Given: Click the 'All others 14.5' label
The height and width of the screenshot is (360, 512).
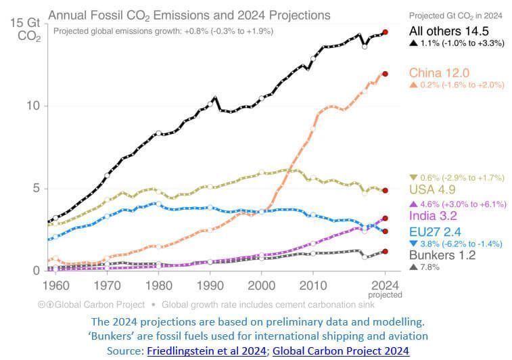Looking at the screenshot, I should coord(448,31).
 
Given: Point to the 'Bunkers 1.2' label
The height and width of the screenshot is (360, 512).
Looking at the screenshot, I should coord(442,255).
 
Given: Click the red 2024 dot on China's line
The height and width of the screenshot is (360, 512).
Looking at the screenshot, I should coord(385,74).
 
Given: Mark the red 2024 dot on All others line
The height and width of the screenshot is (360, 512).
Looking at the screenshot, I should coord(385,32).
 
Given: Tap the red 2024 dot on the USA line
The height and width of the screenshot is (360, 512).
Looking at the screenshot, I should coord(385,191).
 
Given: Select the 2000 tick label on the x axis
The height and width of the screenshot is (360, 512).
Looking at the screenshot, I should coord(261,285).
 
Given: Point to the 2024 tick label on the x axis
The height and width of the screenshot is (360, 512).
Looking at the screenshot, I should coord(385,285).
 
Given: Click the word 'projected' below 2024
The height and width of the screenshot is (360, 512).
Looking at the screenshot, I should coord(385,294).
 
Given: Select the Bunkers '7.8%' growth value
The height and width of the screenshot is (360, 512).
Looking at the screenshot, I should coord(433,267).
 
